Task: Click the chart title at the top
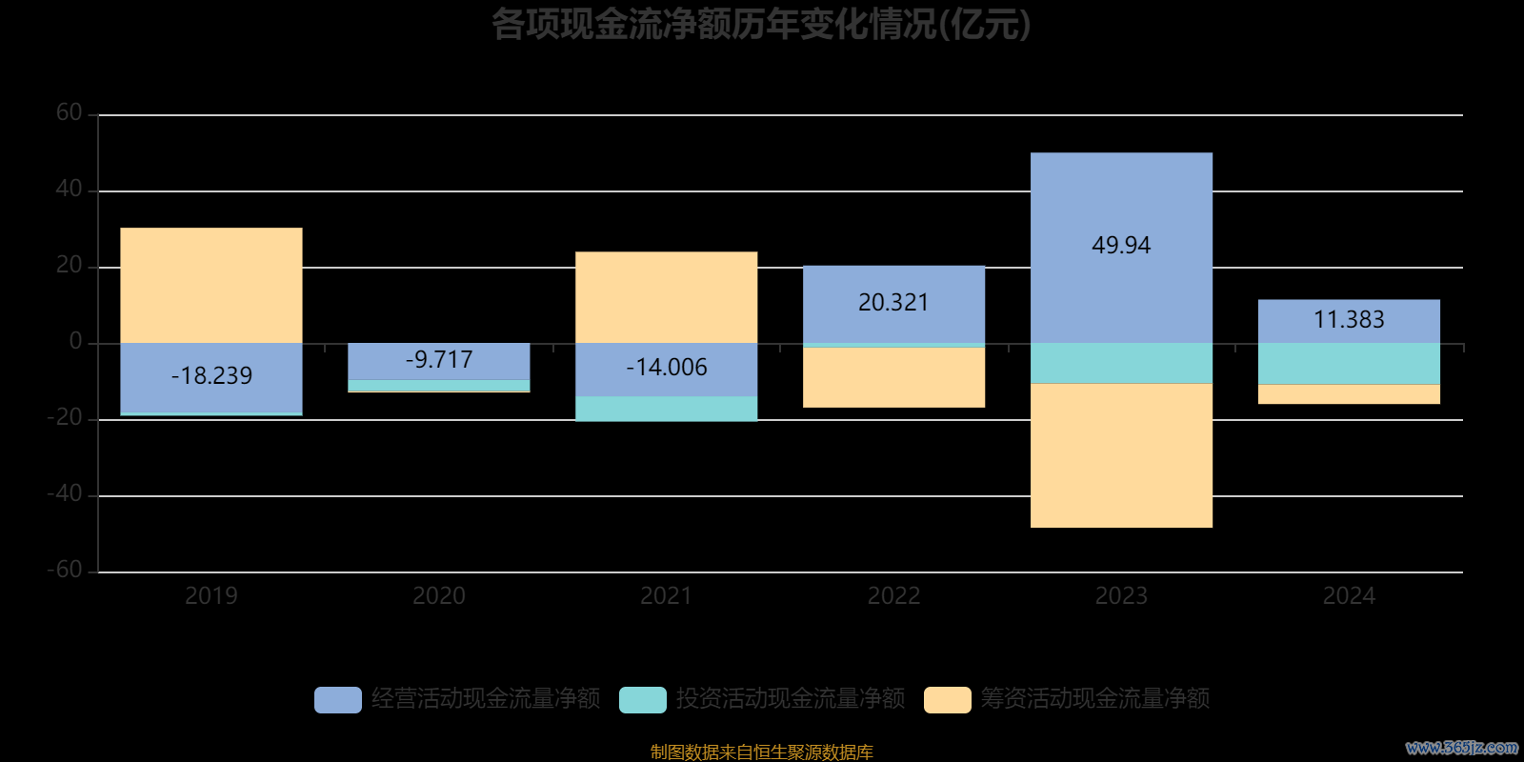761,25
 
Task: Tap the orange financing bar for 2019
211,285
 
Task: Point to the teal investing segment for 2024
1349,364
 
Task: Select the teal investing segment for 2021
667,409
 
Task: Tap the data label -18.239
211,376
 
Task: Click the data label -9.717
439,360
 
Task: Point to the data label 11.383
1349,320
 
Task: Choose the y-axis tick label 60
70,113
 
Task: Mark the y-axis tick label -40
65,494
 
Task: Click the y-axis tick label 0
76,342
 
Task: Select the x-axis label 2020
439,596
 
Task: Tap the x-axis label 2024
1349,596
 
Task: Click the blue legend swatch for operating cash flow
338,700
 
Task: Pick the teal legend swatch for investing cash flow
643,700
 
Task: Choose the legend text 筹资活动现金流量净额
1095,699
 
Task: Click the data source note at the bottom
761,752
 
